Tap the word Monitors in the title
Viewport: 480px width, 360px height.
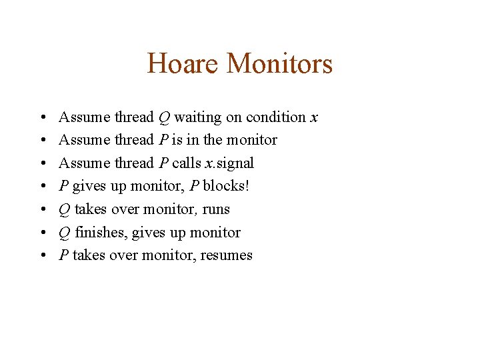point(279,64)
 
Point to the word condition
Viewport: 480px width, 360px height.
point(275,117)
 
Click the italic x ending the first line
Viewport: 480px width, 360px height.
point(313,118)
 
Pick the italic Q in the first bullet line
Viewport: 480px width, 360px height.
point(164,118)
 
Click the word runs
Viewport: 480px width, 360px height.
point(216,209)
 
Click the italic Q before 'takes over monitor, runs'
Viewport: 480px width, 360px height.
point(65,209)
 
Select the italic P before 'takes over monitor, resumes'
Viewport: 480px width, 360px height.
point(64,255)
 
